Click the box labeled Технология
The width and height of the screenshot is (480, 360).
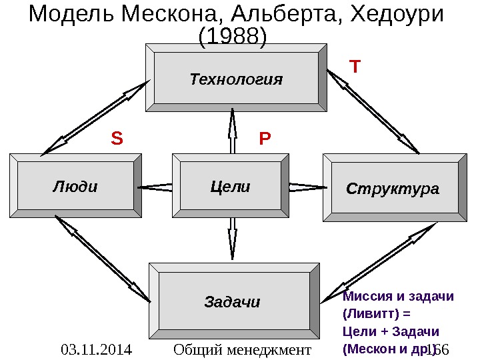pyautogui.click(x=236, y=79)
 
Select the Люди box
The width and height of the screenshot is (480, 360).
pyautogui.click(x=75, y=186)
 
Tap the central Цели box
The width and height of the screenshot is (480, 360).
pyautogui.click(x=230, y=187)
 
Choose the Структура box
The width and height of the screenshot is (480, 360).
pyautogui.click(x=393, y=188)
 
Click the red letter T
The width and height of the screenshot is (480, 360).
pyautogui.click(x=355, y=67)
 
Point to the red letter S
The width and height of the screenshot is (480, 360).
pyautogui.click(x=117, y=139)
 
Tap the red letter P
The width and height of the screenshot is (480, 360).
pyautogui.click(x=265, y=139)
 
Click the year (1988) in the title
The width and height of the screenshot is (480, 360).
pyautogui.click(x=233, y=37)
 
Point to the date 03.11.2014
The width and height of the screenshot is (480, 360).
pyautogui.click(x=95, y=349)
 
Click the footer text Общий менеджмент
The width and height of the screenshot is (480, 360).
pyautogui.click(x=242, y=349)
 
